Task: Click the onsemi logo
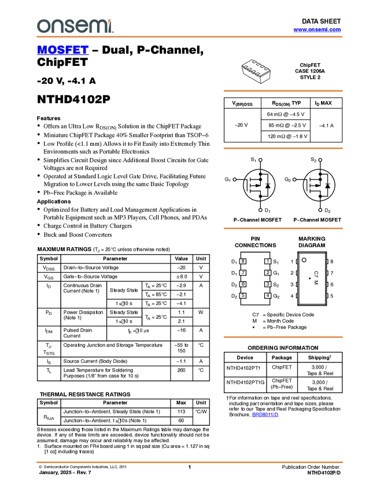click(75, 26)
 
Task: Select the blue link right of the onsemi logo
click(317, 30)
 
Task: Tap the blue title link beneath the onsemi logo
click(62, 50)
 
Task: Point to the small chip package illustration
click(256, 68)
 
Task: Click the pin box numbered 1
click(268, 262)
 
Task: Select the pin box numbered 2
click(268, 273)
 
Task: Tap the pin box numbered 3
click(268, 284)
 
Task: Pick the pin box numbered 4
click(268, 296)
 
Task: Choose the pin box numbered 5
click(243, 296)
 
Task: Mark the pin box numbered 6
click(243, 284)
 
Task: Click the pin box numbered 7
click(243, 273)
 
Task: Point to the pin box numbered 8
click(243, 262)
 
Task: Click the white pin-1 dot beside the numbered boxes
click(304, 260)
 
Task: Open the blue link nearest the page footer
click(265, 414)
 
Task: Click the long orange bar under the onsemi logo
click(190, 37)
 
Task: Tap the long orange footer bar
click(190, 462)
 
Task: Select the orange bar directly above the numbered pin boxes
click(283, 229)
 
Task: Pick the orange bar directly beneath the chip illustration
click(283, 91)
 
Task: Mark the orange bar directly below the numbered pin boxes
click(283, 337)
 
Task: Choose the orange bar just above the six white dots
click(283, 148)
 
